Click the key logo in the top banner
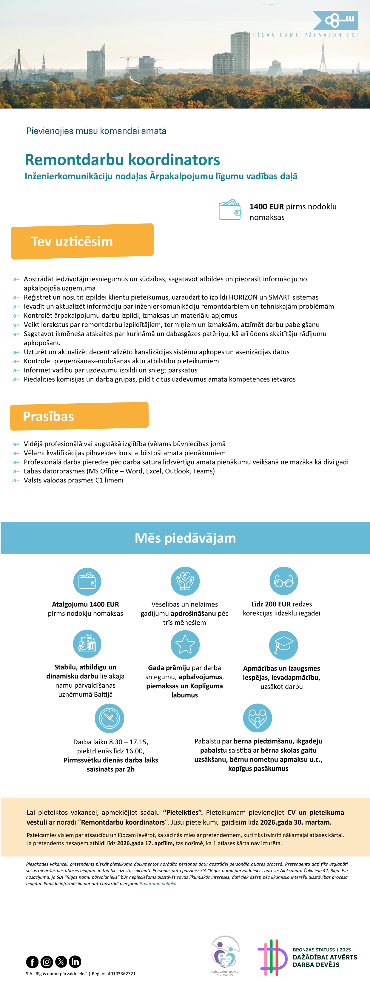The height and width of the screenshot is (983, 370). click(336, 20)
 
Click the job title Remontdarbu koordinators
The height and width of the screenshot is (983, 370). click(122, 160)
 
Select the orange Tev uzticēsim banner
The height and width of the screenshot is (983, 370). click(82, 241)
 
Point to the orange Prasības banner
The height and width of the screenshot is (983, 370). click(79, 416)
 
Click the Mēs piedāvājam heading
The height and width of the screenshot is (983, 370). click(185, 538)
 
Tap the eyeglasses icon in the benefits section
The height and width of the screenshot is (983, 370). click(283, 581)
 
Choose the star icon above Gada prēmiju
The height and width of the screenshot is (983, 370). click(185, 644)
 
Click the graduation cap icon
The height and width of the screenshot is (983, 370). click(283, 645)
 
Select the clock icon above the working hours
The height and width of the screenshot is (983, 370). click(109, 718)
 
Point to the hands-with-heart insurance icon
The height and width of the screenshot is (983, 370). click(185, 581)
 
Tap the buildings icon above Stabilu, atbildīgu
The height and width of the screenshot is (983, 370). click(87, 644)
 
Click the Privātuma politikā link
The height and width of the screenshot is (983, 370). click(158, 883)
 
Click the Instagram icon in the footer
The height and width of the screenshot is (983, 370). click(47, 962)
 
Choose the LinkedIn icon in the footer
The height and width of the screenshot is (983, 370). click(75, 962)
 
